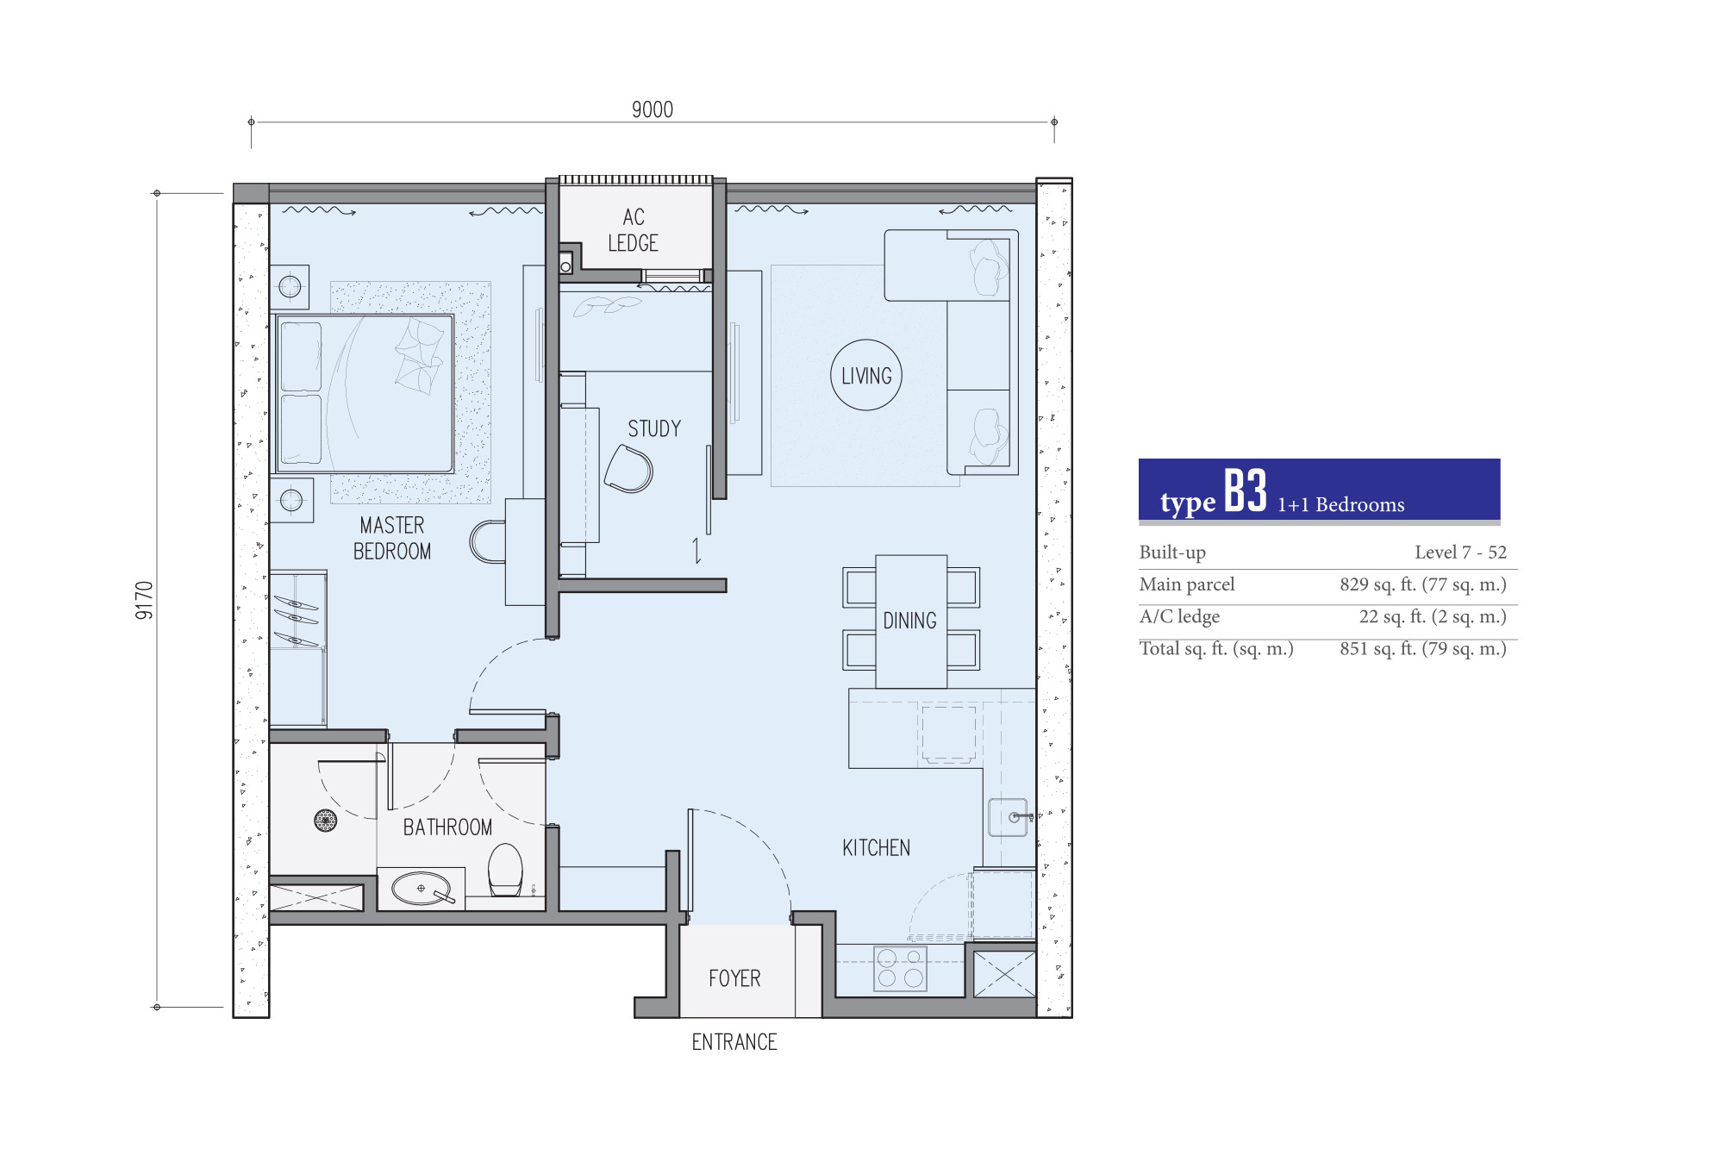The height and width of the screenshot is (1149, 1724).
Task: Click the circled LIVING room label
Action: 866,376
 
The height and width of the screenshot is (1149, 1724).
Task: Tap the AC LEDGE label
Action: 634,230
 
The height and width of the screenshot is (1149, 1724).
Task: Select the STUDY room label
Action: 654,428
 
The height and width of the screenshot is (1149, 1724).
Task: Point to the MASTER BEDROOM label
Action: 392,538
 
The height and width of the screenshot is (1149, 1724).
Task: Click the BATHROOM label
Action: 447,827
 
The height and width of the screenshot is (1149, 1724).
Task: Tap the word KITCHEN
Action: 876,848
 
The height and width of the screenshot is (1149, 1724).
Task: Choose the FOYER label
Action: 734,978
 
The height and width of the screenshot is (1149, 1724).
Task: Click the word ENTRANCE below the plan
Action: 734,1042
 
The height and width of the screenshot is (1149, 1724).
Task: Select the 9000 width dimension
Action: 653,109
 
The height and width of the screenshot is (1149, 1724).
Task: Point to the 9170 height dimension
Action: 144,600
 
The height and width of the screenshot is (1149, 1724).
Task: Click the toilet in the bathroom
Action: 505,870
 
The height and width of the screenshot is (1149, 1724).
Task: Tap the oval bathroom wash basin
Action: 422,888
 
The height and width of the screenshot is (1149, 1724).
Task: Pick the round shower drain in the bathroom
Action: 325,821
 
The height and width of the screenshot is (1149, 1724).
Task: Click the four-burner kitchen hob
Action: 900,968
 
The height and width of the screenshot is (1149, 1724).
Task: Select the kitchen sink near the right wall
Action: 1008,817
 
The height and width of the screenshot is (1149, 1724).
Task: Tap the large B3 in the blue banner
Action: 1246,491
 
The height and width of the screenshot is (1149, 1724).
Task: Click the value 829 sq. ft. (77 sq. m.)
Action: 1423,584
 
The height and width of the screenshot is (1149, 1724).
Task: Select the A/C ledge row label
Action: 1179,617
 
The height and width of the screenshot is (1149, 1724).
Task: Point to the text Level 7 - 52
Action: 1460,553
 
